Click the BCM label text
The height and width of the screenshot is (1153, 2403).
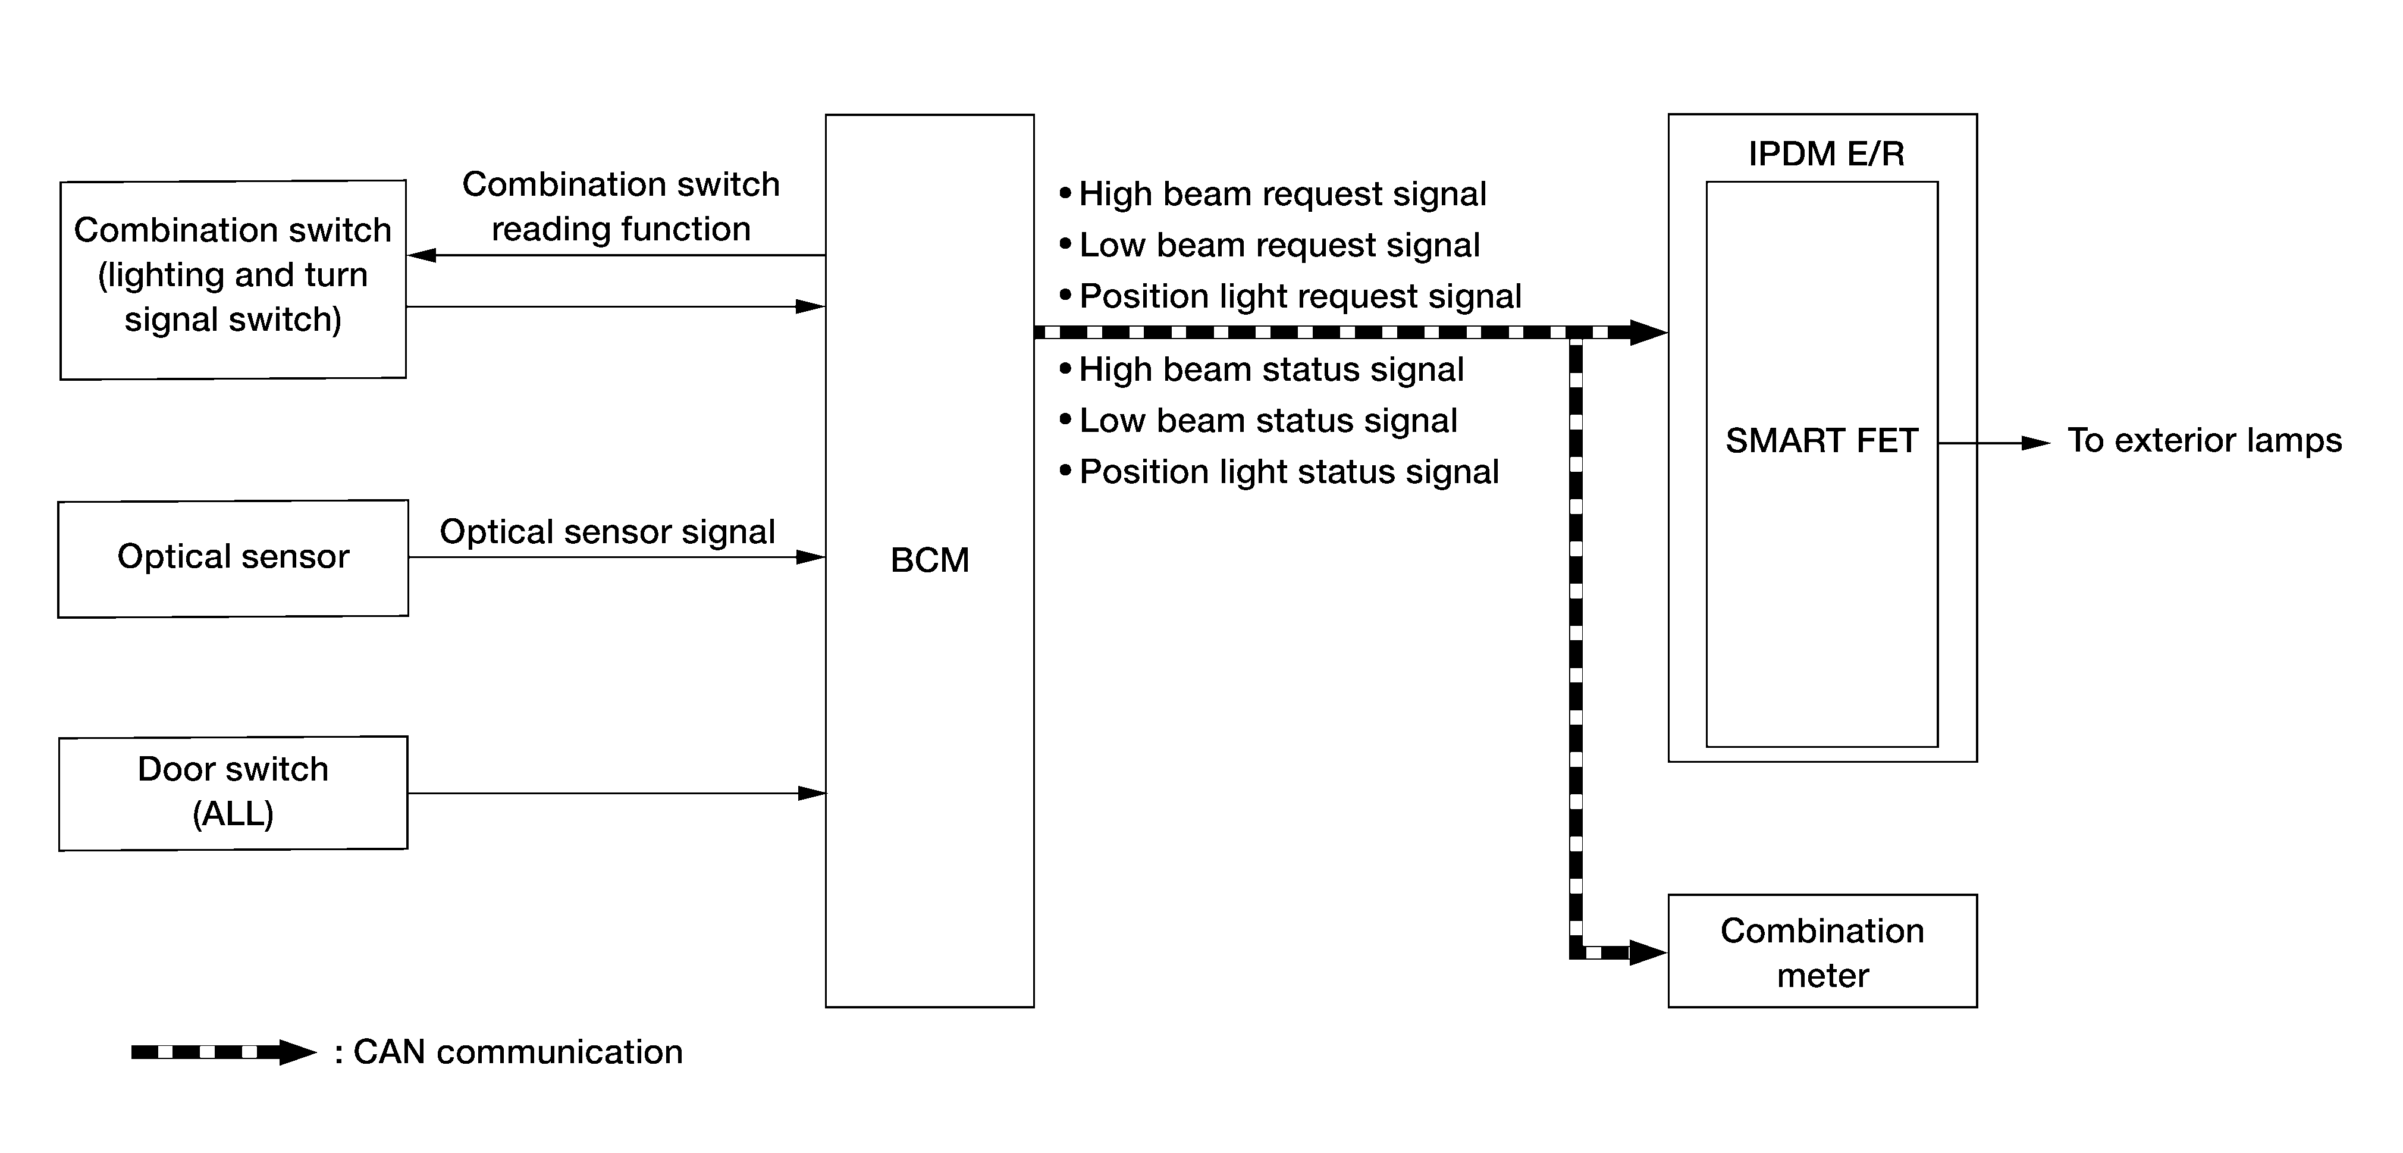(x=930, y=560)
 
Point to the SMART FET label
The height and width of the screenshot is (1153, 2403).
(x=1822, y=440)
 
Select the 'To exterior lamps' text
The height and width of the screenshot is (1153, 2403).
(x=2204, y=440)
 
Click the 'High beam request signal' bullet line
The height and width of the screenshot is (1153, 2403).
(x=1272, y=194)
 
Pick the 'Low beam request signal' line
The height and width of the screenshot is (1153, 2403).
(x=1269, y=245)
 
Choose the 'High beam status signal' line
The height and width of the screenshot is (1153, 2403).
(x=1261, y=370)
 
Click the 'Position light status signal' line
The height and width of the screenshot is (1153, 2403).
(x=1279, y=472)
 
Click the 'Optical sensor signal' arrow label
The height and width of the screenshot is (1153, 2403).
(x=607, y=532)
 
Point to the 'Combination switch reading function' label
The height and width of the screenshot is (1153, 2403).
(x=622, y=206)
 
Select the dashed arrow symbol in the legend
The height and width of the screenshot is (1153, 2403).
(x=224, y=1052)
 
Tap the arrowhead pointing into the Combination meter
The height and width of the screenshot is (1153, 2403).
(x=1648, y=953)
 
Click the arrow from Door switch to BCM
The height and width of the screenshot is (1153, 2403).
(x=617, y=793)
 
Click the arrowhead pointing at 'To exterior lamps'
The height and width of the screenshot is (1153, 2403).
(x=2037, y=443)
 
